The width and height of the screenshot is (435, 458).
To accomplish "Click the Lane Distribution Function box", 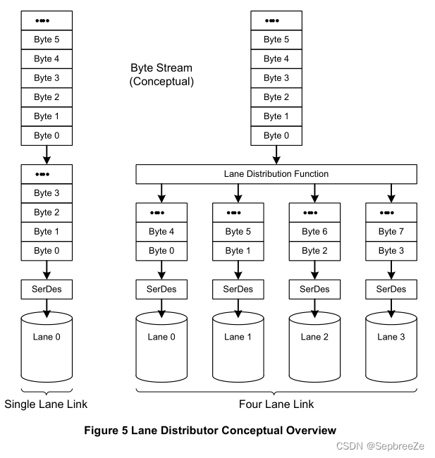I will (x=276, y=173).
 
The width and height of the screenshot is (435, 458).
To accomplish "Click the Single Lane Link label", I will (x=46, y=404).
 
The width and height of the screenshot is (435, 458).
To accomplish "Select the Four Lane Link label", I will (x=276, y=404).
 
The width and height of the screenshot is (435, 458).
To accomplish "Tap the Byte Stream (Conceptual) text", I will (x=162, y=75).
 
